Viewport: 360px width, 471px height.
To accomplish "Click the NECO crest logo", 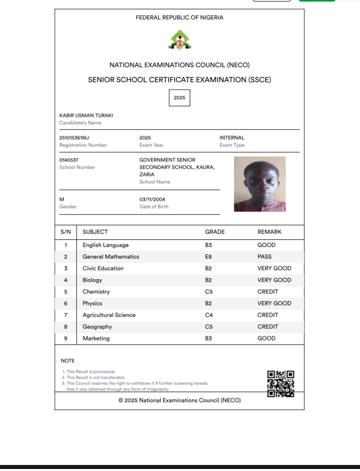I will pos(179,40).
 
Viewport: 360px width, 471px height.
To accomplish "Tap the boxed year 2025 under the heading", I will pos(179,98).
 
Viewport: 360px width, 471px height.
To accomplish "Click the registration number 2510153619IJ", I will pos(74,138).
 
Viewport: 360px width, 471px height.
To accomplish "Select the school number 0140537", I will pos(69,160).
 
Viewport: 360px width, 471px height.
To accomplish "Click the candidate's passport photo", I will pos(259,184).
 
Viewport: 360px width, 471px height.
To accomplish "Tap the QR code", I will pos(280,384).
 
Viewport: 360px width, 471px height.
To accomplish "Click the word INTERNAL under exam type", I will pos(232,138).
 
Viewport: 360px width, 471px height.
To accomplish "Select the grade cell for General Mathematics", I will pos(209,257).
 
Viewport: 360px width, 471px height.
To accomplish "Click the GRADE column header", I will pos(214,232).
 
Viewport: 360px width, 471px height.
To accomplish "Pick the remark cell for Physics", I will pos(274,304).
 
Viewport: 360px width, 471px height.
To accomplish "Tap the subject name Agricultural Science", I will pos(109,315).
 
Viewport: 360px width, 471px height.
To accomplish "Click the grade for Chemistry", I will pos(209,292).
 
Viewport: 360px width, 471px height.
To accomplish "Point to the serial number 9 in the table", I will pos(65,339).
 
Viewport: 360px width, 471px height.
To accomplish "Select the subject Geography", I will pos(97,327).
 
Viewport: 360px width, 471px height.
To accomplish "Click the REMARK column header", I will pos(269,232).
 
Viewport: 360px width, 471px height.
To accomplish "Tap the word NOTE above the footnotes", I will pos(67,361).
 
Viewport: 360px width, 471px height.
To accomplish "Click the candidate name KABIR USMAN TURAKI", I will pos(86,115).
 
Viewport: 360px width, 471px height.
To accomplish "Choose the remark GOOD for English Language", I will pos(266,245).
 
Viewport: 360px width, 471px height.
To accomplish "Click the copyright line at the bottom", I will pos(179,400).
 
